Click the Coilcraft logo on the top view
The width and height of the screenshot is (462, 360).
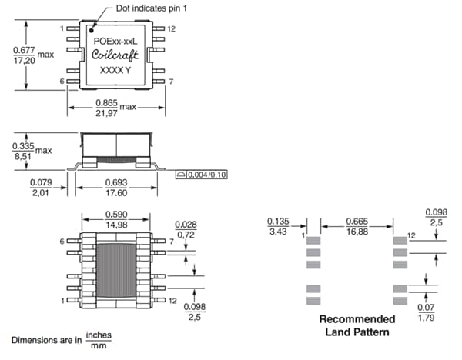click(x=115, y=55)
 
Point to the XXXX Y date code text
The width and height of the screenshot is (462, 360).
click(x=115, y=70)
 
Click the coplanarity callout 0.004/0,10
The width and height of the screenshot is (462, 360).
click(x=207, y=175)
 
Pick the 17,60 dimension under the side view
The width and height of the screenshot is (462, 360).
click(x=115, y=194)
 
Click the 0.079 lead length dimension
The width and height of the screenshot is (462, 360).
click(x=41, y=182)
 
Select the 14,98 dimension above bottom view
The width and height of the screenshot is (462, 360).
click(x=115, y=225)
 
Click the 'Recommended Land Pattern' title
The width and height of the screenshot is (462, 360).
click(x=357, y=326)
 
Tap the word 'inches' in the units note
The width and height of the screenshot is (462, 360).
click(x=98, y=335)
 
